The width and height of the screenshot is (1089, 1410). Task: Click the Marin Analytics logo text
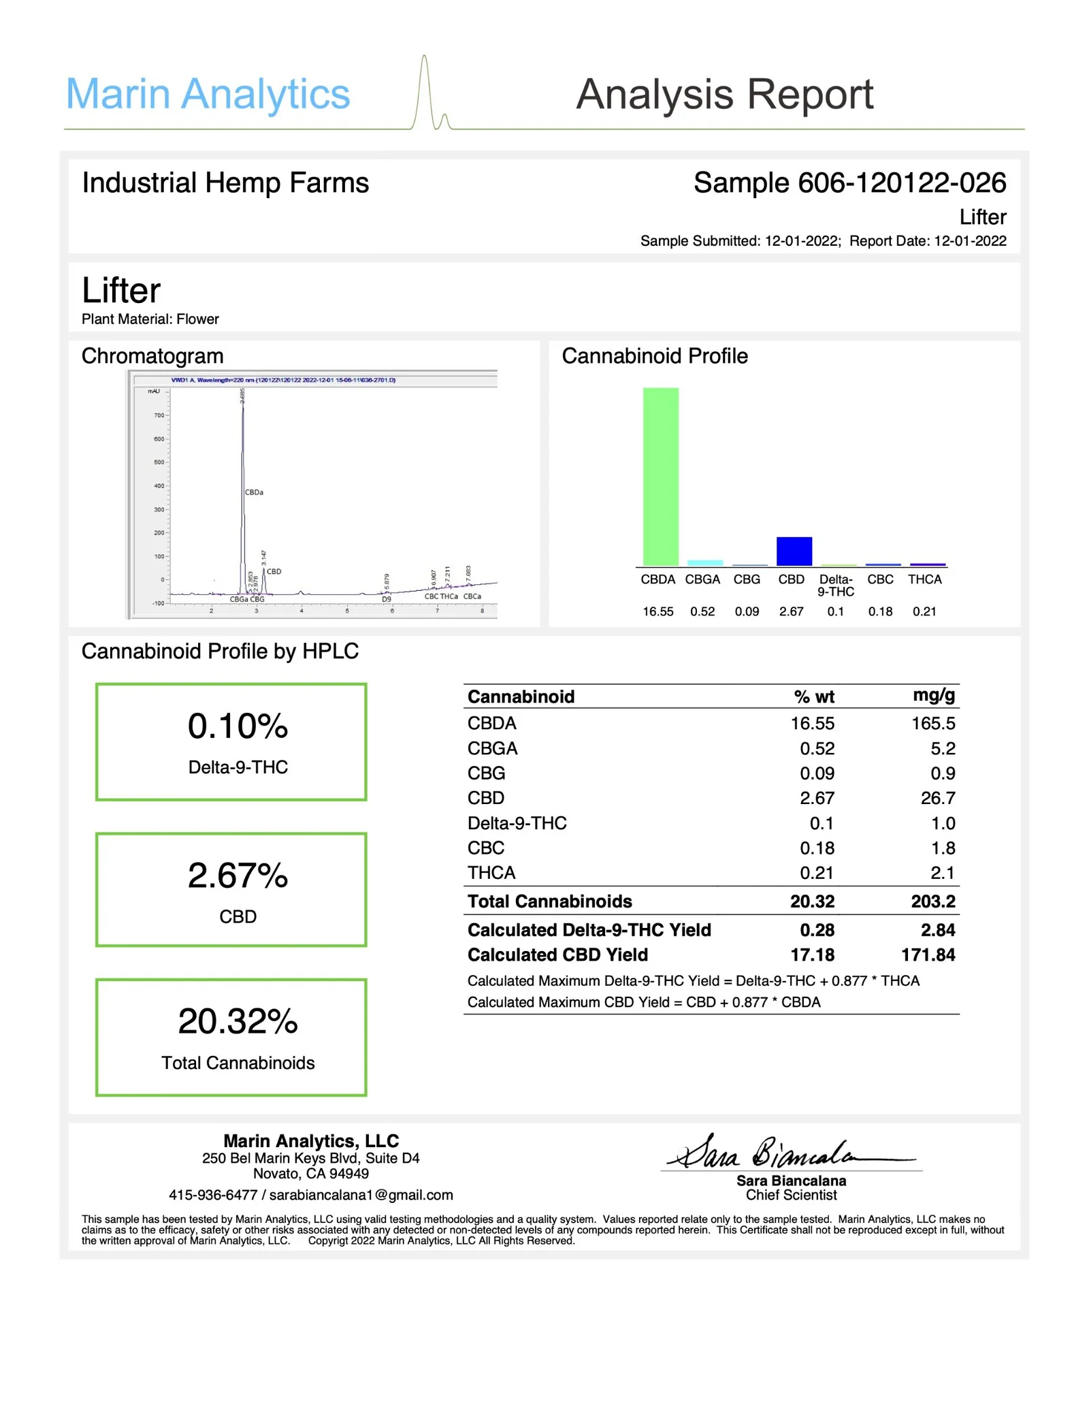click(x=208, y=94)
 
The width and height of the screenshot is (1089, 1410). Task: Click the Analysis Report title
click(x=724, y=94)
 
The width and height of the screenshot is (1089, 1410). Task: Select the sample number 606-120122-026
click(x=901, y=183)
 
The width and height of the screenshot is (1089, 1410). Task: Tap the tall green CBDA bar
click(x=660, y=477)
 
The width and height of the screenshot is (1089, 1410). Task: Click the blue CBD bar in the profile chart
click(x=794, y=551)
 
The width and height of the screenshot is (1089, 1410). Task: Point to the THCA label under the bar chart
click(x=924, y=579)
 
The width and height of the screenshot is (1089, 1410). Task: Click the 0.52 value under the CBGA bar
click(x=702, y=611)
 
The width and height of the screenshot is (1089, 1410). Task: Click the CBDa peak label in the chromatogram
click(x=254, y=492)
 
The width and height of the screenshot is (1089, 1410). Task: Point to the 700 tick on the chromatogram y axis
click(x=159, y=415)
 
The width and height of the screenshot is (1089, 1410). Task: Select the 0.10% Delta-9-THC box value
click(x=238, y=726)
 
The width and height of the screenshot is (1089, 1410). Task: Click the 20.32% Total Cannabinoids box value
click(x=238, y=1022)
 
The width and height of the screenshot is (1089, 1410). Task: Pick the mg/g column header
click(x=934, y=695)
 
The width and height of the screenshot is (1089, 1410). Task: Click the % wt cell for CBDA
click(x=812, y=724)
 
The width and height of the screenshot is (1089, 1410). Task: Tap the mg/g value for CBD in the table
click(x=938, y=798)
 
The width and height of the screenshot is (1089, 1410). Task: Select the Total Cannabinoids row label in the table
click(x=549, y=901)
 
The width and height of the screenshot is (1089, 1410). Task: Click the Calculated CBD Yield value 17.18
click(x=812, y=955)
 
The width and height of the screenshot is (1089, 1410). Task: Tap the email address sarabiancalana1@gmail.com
click(x=361, y=1195)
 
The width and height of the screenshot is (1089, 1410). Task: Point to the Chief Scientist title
click(x=791, y=1195)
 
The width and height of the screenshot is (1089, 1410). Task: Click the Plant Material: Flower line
click(x=150, y=319)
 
